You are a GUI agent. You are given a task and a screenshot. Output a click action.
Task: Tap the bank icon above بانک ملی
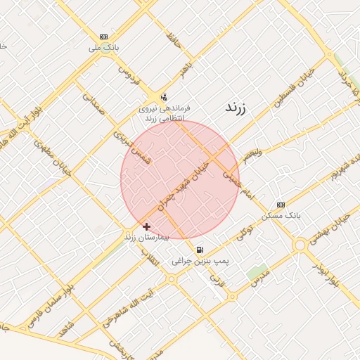click(104, 37)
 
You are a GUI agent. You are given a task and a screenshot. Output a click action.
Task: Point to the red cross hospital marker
click(146, 226)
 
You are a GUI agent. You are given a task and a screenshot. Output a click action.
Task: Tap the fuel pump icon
click(200, 250)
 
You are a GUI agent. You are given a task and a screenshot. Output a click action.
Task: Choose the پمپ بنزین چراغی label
click(200, 261)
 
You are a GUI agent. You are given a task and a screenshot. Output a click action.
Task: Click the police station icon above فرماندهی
click(164, 97)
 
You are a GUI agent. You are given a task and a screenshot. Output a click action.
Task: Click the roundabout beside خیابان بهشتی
click(301, 245)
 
